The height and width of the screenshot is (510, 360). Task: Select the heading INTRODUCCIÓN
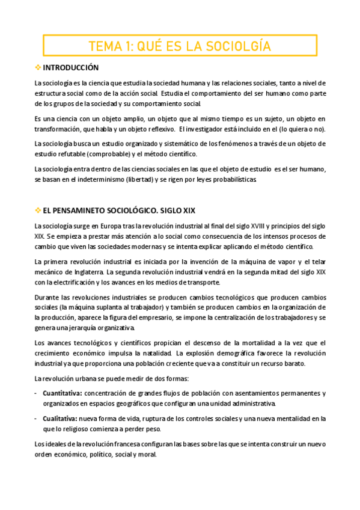pos(71,67)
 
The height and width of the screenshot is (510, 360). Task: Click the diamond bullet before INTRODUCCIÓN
pos(38,67)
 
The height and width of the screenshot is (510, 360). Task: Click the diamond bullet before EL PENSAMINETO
pos(38,210)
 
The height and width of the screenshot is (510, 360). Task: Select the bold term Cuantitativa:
pos(63,393)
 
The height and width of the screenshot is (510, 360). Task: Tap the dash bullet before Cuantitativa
pos(37,393)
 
